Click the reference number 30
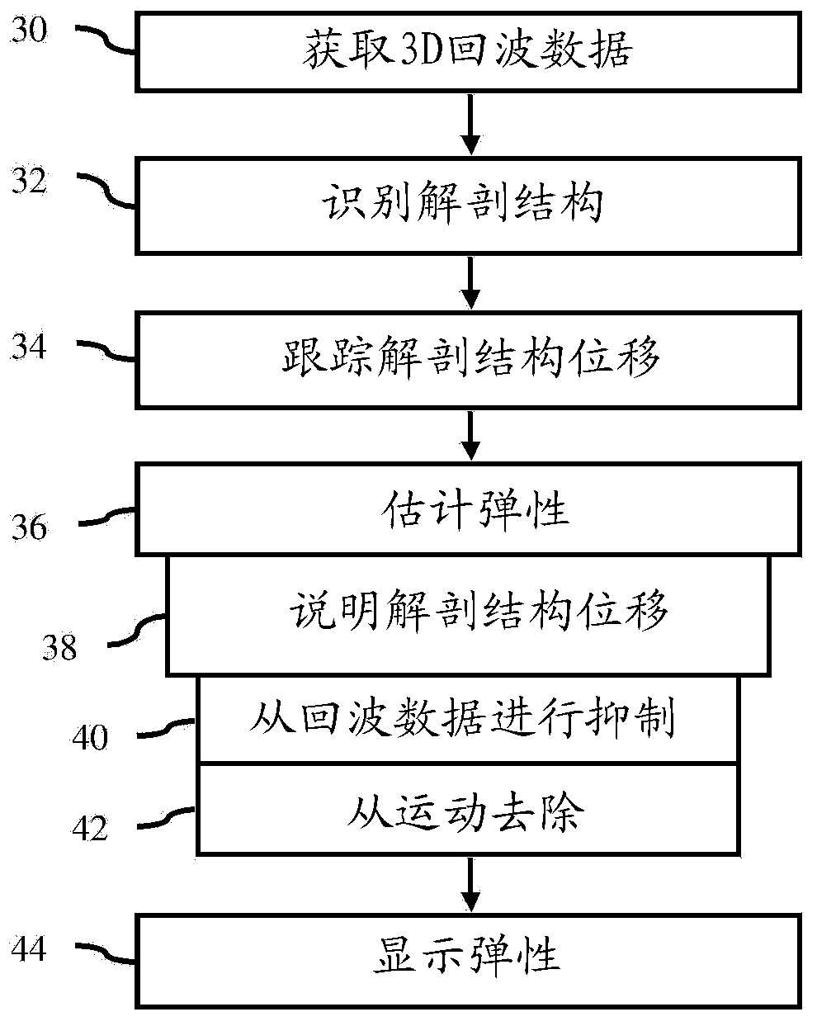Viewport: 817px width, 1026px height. [30, 30]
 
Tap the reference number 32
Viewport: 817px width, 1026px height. [30, 180]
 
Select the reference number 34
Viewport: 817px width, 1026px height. [29, 346]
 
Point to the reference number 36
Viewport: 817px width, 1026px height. [30, 527]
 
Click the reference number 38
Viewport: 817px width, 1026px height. [59, 647]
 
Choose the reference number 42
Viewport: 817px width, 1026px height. [90, 828]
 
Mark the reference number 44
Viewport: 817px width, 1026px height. [29, 948]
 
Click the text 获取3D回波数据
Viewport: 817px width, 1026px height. [469, 50]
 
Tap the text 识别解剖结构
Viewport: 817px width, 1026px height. [463, 202]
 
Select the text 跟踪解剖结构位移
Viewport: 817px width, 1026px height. [471, 357]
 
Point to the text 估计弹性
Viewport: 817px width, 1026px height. [475, 509]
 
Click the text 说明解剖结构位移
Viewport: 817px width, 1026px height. [479, 612]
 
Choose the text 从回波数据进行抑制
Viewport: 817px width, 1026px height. [462, 718]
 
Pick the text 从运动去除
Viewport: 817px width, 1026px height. [465, 812]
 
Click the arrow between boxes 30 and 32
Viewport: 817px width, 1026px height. [470, 125]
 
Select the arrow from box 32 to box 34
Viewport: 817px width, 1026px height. [470, 283]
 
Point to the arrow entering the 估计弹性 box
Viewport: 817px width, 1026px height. [470, 436]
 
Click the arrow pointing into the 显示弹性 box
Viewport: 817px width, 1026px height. [470, 885]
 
